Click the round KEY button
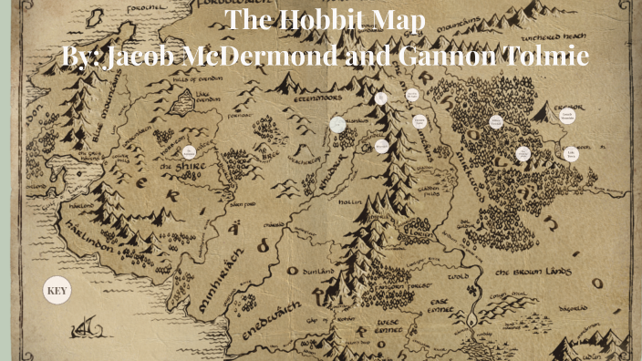(x=57, y=292)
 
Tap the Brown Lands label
(x=532, y=273)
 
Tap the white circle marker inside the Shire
(x=190, y=152)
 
